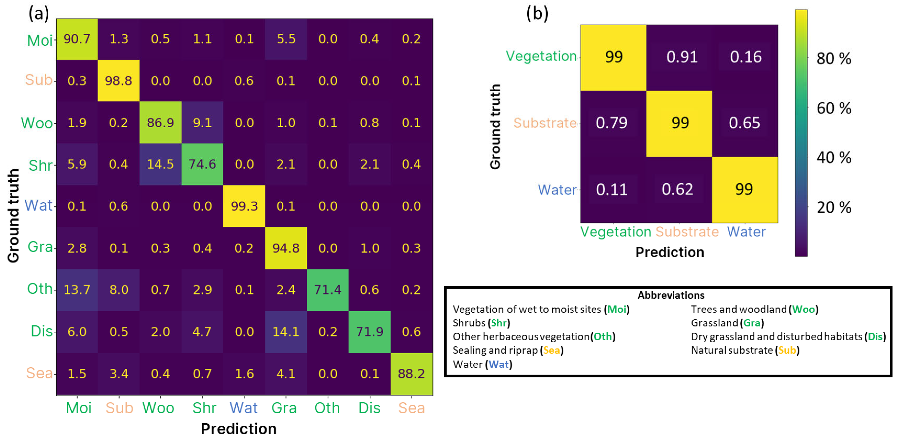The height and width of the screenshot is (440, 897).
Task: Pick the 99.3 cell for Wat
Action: click(244, 206)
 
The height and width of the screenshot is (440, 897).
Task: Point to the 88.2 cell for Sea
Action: click(411, 374)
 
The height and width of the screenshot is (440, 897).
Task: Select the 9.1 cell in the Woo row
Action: click(202, 123)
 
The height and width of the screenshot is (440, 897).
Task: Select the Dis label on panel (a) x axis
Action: click(369, 408)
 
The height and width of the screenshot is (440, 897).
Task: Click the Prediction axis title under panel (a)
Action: click(239, 429)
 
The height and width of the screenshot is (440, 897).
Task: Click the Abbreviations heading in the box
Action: click(671, 295)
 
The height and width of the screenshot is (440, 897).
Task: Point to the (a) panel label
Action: click(39, 14)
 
